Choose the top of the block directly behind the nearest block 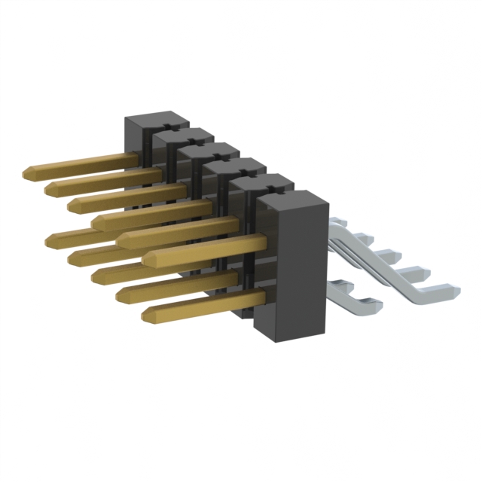[x=260, y=185]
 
